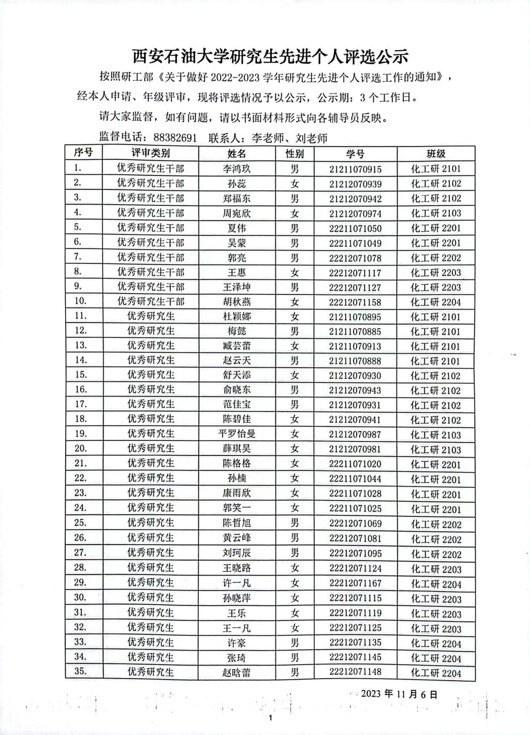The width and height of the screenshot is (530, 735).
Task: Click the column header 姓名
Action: tap(237, 154)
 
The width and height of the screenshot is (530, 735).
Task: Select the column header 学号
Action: tap(355, 154)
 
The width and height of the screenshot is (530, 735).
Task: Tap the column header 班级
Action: tap(436, 154)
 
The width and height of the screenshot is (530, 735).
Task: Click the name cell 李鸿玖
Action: tap(237, 169)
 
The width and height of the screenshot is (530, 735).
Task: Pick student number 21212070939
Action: tap(355, 184)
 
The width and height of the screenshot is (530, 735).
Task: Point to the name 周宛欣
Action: tap(237, 213)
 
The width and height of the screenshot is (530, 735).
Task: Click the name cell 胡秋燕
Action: tap(237, 302)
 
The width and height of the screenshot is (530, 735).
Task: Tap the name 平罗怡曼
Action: tap(237, 434)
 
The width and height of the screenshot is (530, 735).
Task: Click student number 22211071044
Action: tap(355, 479)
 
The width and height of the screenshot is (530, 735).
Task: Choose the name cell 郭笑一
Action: tap(237, 508)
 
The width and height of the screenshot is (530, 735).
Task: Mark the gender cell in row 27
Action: tap(295, 553)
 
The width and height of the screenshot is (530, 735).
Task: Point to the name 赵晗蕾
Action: tap(237, 672)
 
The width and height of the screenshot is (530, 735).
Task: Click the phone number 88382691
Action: tap(175, 138)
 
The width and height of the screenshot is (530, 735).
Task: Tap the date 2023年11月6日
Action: tap(400, 694)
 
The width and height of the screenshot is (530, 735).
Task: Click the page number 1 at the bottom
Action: tap(271, 718)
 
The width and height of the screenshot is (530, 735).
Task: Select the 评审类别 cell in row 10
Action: tap(151, 301)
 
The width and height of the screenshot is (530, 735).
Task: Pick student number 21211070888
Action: tap(355, 361)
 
